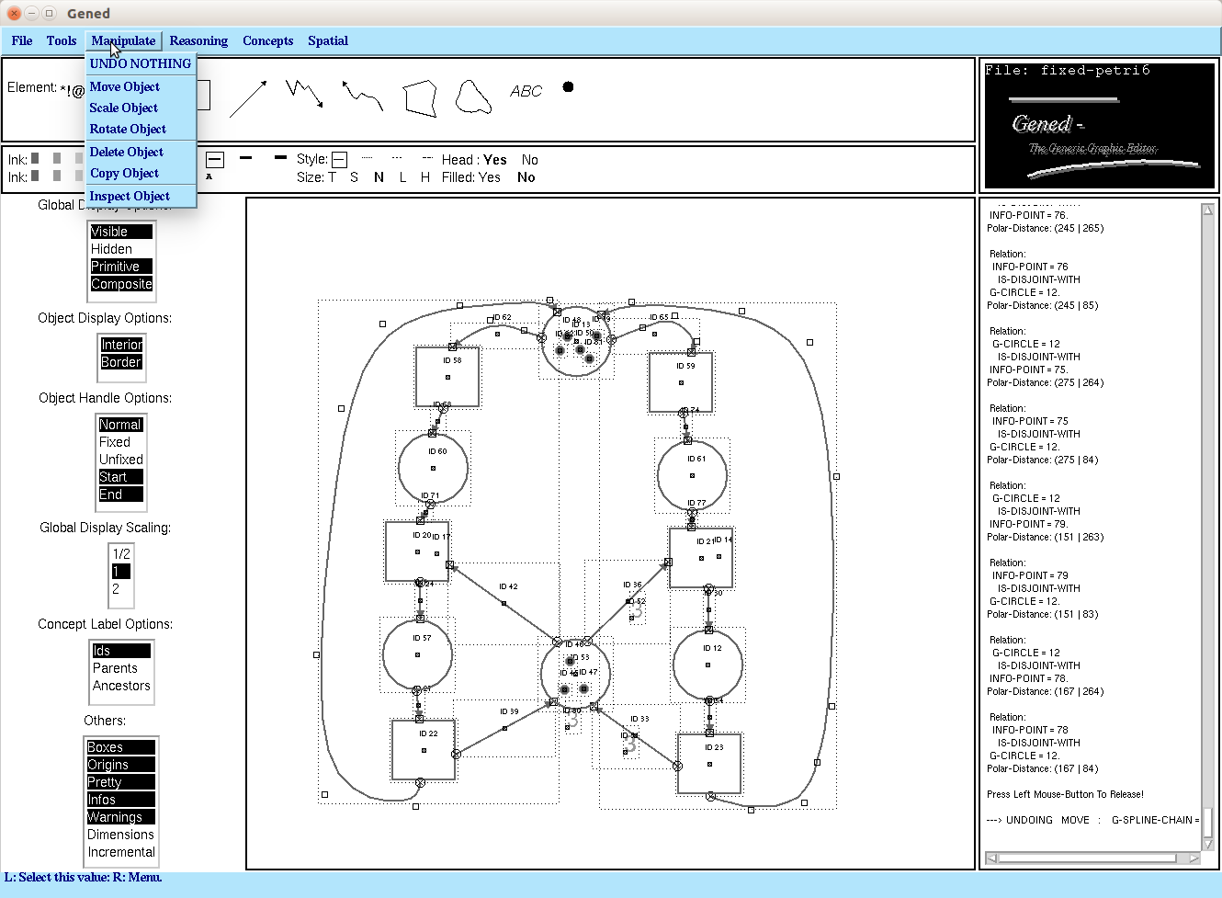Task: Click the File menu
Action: coord(22,40)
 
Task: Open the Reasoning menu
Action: coord(198,40)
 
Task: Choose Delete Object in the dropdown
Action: coord(127,152)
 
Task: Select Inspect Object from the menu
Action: coord(130,196)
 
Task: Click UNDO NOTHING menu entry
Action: coord(141,63)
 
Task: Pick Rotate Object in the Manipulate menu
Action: coord(128,129)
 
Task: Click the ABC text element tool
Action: coord(526,91)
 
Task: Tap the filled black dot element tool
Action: coord(568,87)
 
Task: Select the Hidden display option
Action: coord(111,249)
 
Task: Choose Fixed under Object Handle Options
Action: coord(115,442)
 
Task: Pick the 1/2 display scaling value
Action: coord(121,554)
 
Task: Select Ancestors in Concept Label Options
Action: coord(121,686)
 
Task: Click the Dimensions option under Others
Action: coord(121,835)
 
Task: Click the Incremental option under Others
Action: coord(121,852)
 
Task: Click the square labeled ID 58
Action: coord(447,377)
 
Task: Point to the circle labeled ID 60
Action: coord(433,468)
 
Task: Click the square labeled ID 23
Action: coord(709,763)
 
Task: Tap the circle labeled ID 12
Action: coord(707,664)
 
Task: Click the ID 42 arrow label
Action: coord(508,586)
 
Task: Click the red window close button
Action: coord(14,13)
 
